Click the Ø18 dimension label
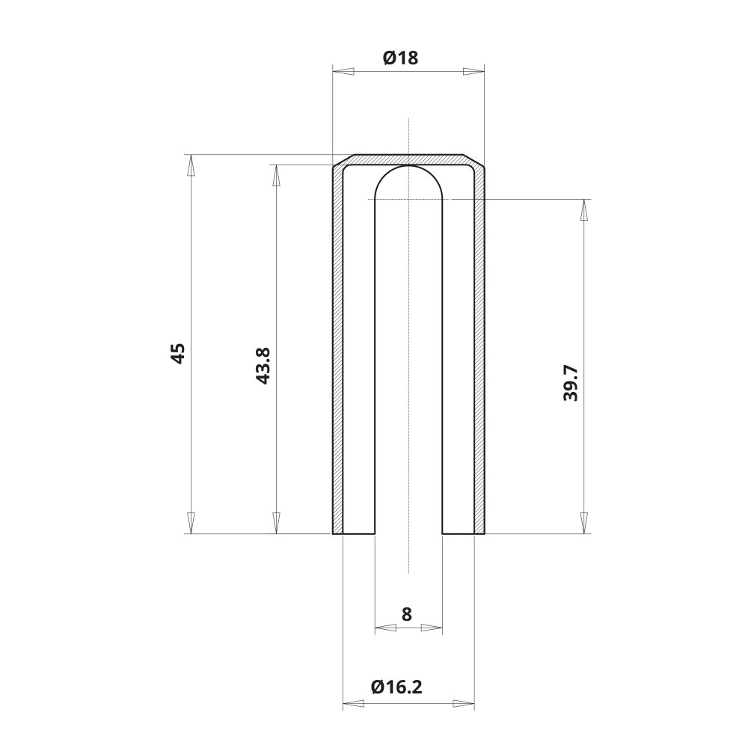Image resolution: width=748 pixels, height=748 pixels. tap(401, 58)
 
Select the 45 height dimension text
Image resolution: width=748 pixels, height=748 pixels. tap(178, 353)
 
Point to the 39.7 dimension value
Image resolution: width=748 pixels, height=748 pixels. tap(571, 384)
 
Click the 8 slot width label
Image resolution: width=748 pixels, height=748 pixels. tap(406, 614)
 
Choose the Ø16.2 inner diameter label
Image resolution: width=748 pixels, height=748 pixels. tap(396, 687)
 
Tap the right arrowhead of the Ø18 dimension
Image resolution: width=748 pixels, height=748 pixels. tap(473, 72)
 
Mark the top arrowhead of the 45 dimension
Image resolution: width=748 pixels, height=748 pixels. tap(190, 165)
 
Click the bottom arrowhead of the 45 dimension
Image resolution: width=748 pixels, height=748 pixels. tap(190, 523)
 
